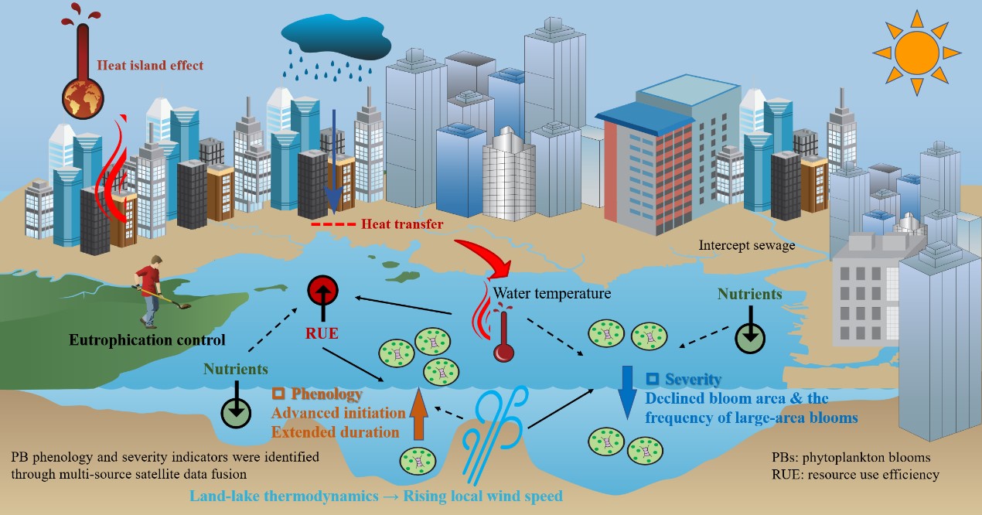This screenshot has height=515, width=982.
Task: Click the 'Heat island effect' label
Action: (150, 66)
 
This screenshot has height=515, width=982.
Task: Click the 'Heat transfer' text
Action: (402, 224)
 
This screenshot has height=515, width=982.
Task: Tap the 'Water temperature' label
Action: (552, 294)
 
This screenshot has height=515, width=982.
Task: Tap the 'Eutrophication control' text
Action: (147, 339)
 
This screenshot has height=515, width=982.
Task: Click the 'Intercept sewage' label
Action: (746, 246)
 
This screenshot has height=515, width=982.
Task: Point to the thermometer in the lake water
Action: (503, 333)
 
